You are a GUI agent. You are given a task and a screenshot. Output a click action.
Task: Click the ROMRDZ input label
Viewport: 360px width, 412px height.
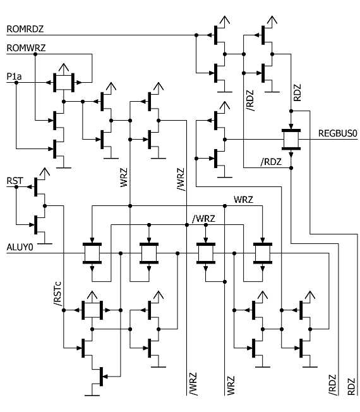[x=25, y=29]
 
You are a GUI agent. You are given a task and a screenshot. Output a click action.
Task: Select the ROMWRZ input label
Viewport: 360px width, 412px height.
[x=26, y=48]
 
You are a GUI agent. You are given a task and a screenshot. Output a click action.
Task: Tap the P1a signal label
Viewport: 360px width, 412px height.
[x=14, y=76]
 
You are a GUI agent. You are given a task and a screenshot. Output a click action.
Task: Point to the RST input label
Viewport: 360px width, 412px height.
[x=15, y=181]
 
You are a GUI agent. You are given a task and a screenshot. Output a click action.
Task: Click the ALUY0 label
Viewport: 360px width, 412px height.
[x=20, y=247]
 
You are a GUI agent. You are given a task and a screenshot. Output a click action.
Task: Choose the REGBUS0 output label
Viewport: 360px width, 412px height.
[x=338, y=133]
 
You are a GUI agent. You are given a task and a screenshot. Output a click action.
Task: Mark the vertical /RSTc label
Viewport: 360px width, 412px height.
[x=57, y=294]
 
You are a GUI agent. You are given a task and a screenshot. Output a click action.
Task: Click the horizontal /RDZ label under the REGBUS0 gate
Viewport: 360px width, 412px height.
[x=271, y=162]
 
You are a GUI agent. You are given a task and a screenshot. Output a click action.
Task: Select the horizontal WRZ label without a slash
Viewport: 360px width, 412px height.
[x=243, y=200]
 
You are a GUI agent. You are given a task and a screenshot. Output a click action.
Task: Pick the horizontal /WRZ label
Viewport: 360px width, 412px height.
[x=204, y=219]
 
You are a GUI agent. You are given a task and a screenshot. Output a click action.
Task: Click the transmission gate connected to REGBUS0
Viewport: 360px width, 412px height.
[x=291, y=140]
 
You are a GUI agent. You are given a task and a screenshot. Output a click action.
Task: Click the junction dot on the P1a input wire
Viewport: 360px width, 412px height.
[x=16, y=83]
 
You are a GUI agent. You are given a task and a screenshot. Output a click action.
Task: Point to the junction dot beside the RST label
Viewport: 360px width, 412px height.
[x=16, y=187]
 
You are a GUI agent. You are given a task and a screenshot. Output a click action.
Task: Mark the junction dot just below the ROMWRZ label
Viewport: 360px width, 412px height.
[x=35, y=54]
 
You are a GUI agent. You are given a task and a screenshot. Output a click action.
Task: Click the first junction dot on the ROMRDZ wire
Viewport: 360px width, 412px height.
[x=196, y=35]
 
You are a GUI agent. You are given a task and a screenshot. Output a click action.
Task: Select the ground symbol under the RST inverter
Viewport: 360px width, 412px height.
[x=45, y=244]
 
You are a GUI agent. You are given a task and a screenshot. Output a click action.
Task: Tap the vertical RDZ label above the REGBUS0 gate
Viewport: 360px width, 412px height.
[x=297, y=93]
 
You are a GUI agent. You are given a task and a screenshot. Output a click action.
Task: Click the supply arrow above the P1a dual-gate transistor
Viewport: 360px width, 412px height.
[x=64, y=68]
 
